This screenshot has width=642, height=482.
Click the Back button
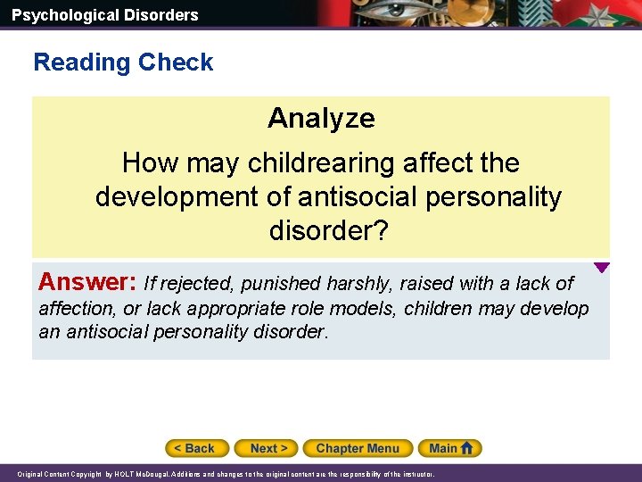(x=197, y=448)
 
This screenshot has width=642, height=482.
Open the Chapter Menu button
(x=358, y=448)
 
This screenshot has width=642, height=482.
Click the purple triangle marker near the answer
(x=602, y=267)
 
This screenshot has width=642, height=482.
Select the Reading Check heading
(x=123, y=62)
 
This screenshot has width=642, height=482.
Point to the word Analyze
(x=321, y=118)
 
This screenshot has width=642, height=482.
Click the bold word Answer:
(x=86, y=283)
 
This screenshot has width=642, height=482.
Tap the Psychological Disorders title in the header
(x=105, y=14)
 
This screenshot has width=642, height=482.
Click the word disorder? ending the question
(x=328, y=231)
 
